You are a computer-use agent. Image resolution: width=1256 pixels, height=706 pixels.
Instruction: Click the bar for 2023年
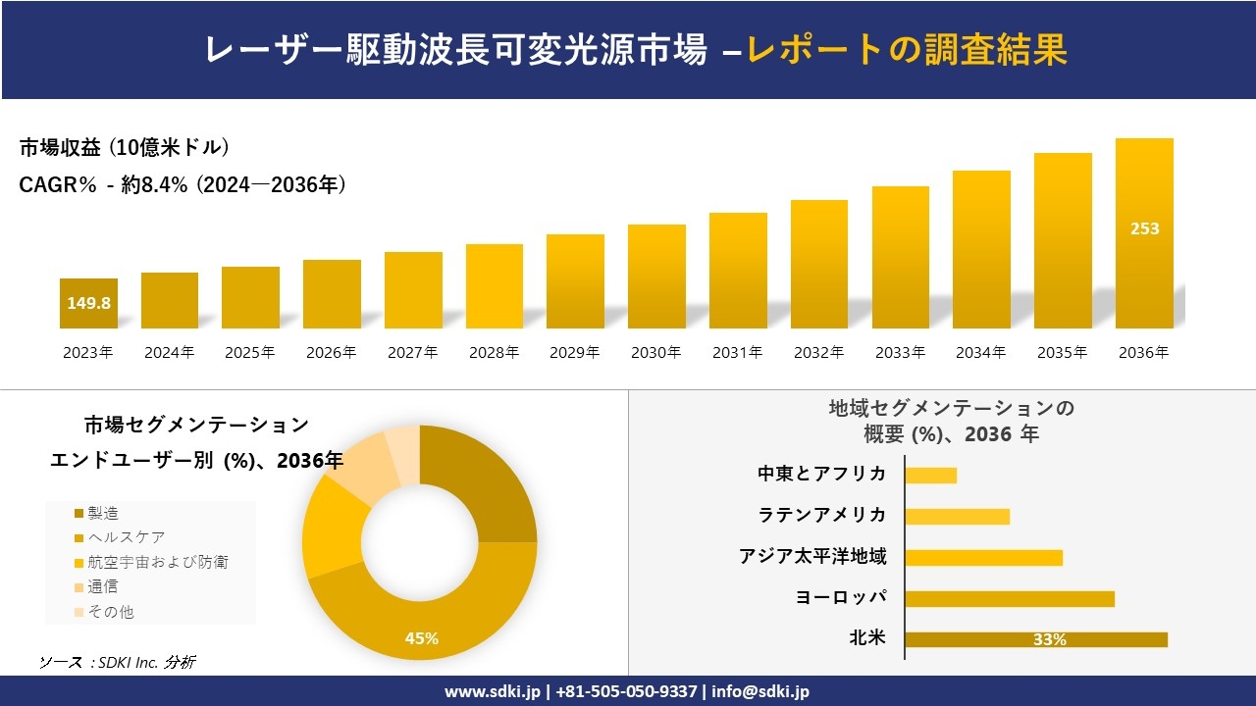pos(88,303)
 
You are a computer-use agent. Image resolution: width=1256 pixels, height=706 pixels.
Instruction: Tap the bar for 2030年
pos(656,277)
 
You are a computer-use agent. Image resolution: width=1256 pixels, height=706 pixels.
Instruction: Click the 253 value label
pos(1144,228)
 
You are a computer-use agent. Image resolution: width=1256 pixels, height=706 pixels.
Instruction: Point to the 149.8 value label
pos(88,303)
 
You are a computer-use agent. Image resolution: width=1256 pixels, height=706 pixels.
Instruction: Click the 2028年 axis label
pos(494,353)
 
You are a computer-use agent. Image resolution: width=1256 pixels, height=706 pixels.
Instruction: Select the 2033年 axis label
pos(900,353)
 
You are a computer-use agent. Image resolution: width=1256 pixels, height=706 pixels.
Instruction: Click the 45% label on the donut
pos(422,638)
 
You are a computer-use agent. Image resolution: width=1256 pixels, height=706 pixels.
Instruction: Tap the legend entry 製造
pos(103,513)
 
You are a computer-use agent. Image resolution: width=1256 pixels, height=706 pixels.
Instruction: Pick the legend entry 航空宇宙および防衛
pos(157,562)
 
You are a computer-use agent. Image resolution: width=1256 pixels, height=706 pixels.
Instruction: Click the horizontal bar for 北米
pos(1036,639)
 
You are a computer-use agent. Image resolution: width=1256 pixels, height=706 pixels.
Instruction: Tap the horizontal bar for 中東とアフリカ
pos(930,475)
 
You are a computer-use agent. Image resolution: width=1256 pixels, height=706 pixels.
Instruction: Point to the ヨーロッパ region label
pos(841,597)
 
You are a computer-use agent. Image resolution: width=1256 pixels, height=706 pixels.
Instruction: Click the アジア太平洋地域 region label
pos(812,556)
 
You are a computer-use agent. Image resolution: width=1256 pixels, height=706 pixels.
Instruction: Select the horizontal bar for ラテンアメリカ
pos(957,516)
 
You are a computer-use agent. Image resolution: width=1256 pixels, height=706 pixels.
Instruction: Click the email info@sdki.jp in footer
pos(760,691)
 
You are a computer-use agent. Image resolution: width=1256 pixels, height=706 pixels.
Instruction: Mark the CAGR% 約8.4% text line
pos(183,185)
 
